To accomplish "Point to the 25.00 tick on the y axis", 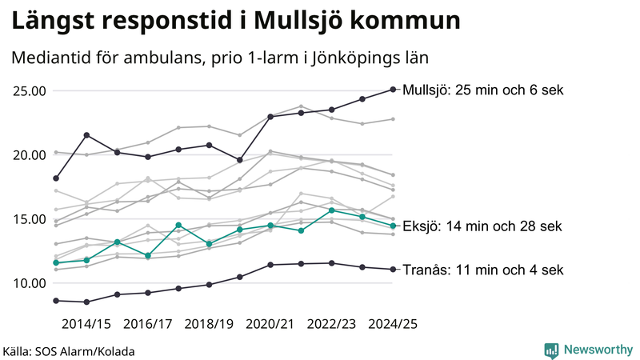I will tap(28, 90).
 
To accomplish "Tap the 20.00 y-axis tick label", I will tap(28, 154).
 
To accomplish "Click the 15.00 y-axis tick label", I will tap(28, 218).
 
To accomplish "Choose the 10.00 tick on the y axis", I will tap(28, 282).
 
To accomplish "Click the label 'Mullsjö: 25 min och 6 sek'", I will tap(484, 90).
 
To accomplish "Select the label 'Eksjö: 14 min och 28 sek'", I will tap(482, 226).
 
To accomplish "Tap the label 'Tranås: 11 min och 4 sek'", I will tap(482, 270).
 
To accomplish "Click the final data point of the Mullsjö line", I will tap(393, 90).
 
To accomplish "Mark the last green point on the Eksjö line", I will tap(393, 226).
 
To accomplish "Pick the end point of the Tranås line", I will tap(393, 269).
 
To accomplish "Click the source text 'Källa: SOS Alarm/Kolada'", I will tap(69, 351).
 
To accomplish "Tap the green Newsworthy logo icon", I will tap(551, 350).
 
